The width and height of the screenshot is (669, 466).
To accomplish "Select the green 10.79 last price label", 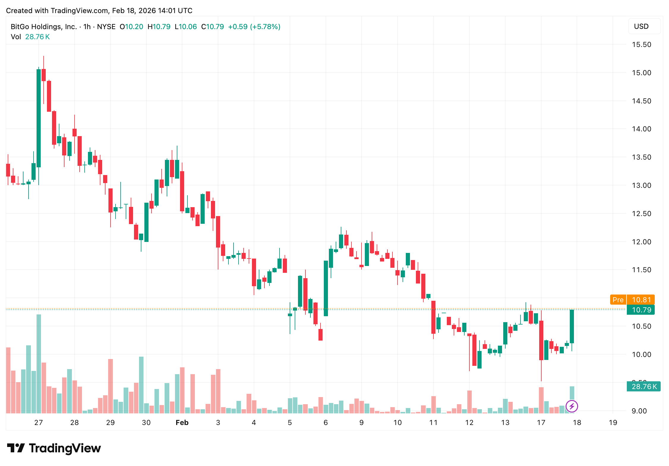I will pyautogui.click(x=641, y=310).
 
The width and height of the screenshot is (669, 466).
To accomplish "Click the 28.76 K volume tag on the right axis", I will pyautogui.click(x=643, y=387).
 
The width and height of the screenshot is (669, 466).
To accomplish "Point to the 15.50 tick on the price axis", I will pyautogui.click(x=641, y=45).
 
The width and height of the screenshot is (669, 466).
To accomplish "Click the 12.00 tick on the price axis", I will pyautogui.click(x=641, y=242).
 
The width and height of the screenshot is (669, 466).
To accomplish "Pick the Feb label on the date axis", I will pyautogui.click(x=182, y=423).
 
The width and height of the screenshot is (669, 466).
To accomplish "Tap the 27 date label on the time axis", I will pyautogui.click(x=39, y=423).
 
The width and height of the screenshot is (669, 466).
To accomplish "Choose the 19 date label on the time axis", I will pyautogui.click(x=613, y=423).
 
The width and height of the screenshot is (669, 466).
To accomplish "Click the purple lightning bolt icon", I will pyautogui.click(x=572, y=406).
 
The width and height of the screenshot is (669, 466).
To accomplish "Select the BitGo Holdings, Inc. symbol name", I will pyautogui.click(x=44, y=27).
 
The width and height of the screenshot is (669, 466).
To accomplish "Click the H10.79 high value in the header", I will pyautogui.click(x=159, y=27).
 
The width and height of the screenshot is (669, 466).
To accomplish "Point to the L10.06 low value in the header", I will pyautogui.click(x=186, y=27).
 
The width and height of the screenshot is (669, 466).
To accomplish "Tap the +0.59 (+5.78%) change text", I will pyautogui.click(x=254, y=27).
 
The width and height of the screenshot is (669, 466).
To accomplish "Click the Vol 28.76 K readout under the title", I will pyautogui.click(x=30, y=37).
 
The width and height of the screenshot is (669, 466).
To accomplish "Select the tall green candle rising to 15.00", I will pyautogui.click(x=39, y=118).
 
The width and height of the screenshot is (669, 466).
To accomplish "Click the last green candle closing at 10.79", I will pyautogui.click(x=572, y=326).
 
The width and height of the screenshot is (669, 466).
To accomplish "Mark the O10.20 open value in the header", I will pyautogui.click(x=131, y=27).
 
